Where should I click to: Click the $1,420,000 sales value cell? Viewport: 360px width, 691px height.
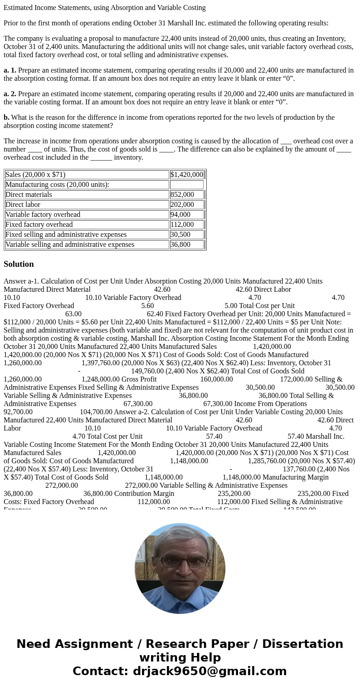pyautogui.click(x=186, y=175)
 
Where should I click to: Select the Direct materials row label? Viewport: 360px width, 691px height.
pyautogui.click(x=29, y=195)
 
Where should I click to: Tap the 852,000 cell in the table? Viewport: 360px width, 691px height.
pyautogui.click(x=182, y=195)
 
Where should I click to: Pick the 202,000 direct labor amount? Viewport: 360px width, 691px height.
pyautogui.click(x=182, y=205)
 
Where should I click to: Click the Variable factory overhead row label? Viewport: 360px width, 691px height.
pyautogui.click(x=43, y=215)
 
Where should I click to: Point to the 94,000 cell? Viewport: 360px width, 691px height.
pyautogui.click(x=180, y=215)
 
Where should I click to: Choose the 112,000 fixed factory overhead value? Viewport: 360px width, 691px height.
pyautogui.click(x=182, y=225)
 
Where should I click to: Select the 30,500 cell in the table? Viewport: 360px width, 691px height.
pyautogui.click(x=180, y=235)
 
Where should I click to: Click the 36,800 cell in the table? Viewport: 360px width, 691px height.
pyautogui.click(x=180, y=245)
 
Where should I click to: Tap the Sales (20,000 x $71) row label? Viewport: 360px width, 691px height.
pyautogui.click(x=35, y=175)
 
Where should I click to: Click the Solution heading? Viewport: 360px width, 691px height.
pyautogui.click(x=19, y=264)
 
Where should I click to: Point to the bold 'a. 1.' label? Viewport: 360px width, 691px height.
pyautogui.click(x=10, y=70)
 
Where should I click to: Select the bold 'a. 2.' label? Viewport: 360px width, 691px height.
pyautogui.click(x=10, y=94)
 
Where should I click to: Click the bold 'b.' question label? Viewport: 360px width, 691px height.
pyautogui.click(x=6, y=118)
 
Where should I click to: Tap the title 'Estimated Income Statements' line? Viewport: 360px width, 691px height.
pyautogui.click(x=104, y=8)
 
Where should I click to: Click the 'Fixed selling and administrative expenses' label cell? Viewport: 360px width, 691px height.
pyautogui.click(x=66, y=235)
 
